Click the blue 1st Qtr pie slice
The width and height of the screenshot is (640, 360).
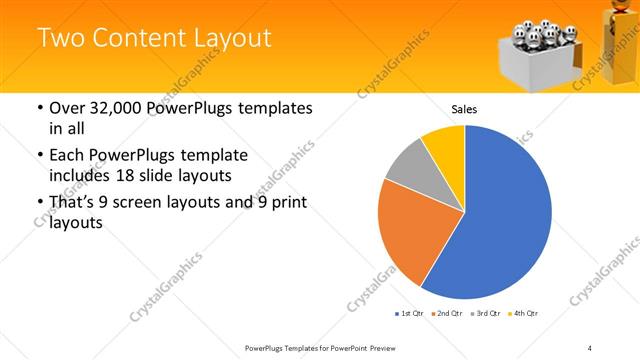click(x=500, y=220)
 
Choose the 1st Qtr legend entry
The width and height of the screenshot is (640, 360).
click(x=409, y=314)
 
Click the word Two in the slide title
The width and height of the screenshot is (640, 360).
click(x=59, y=39)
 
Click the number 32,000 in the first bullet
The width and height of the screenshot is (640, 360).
click(x=119, y=108)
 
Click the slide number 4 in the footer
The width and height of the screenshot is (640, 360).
click(x=590, y=347)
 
